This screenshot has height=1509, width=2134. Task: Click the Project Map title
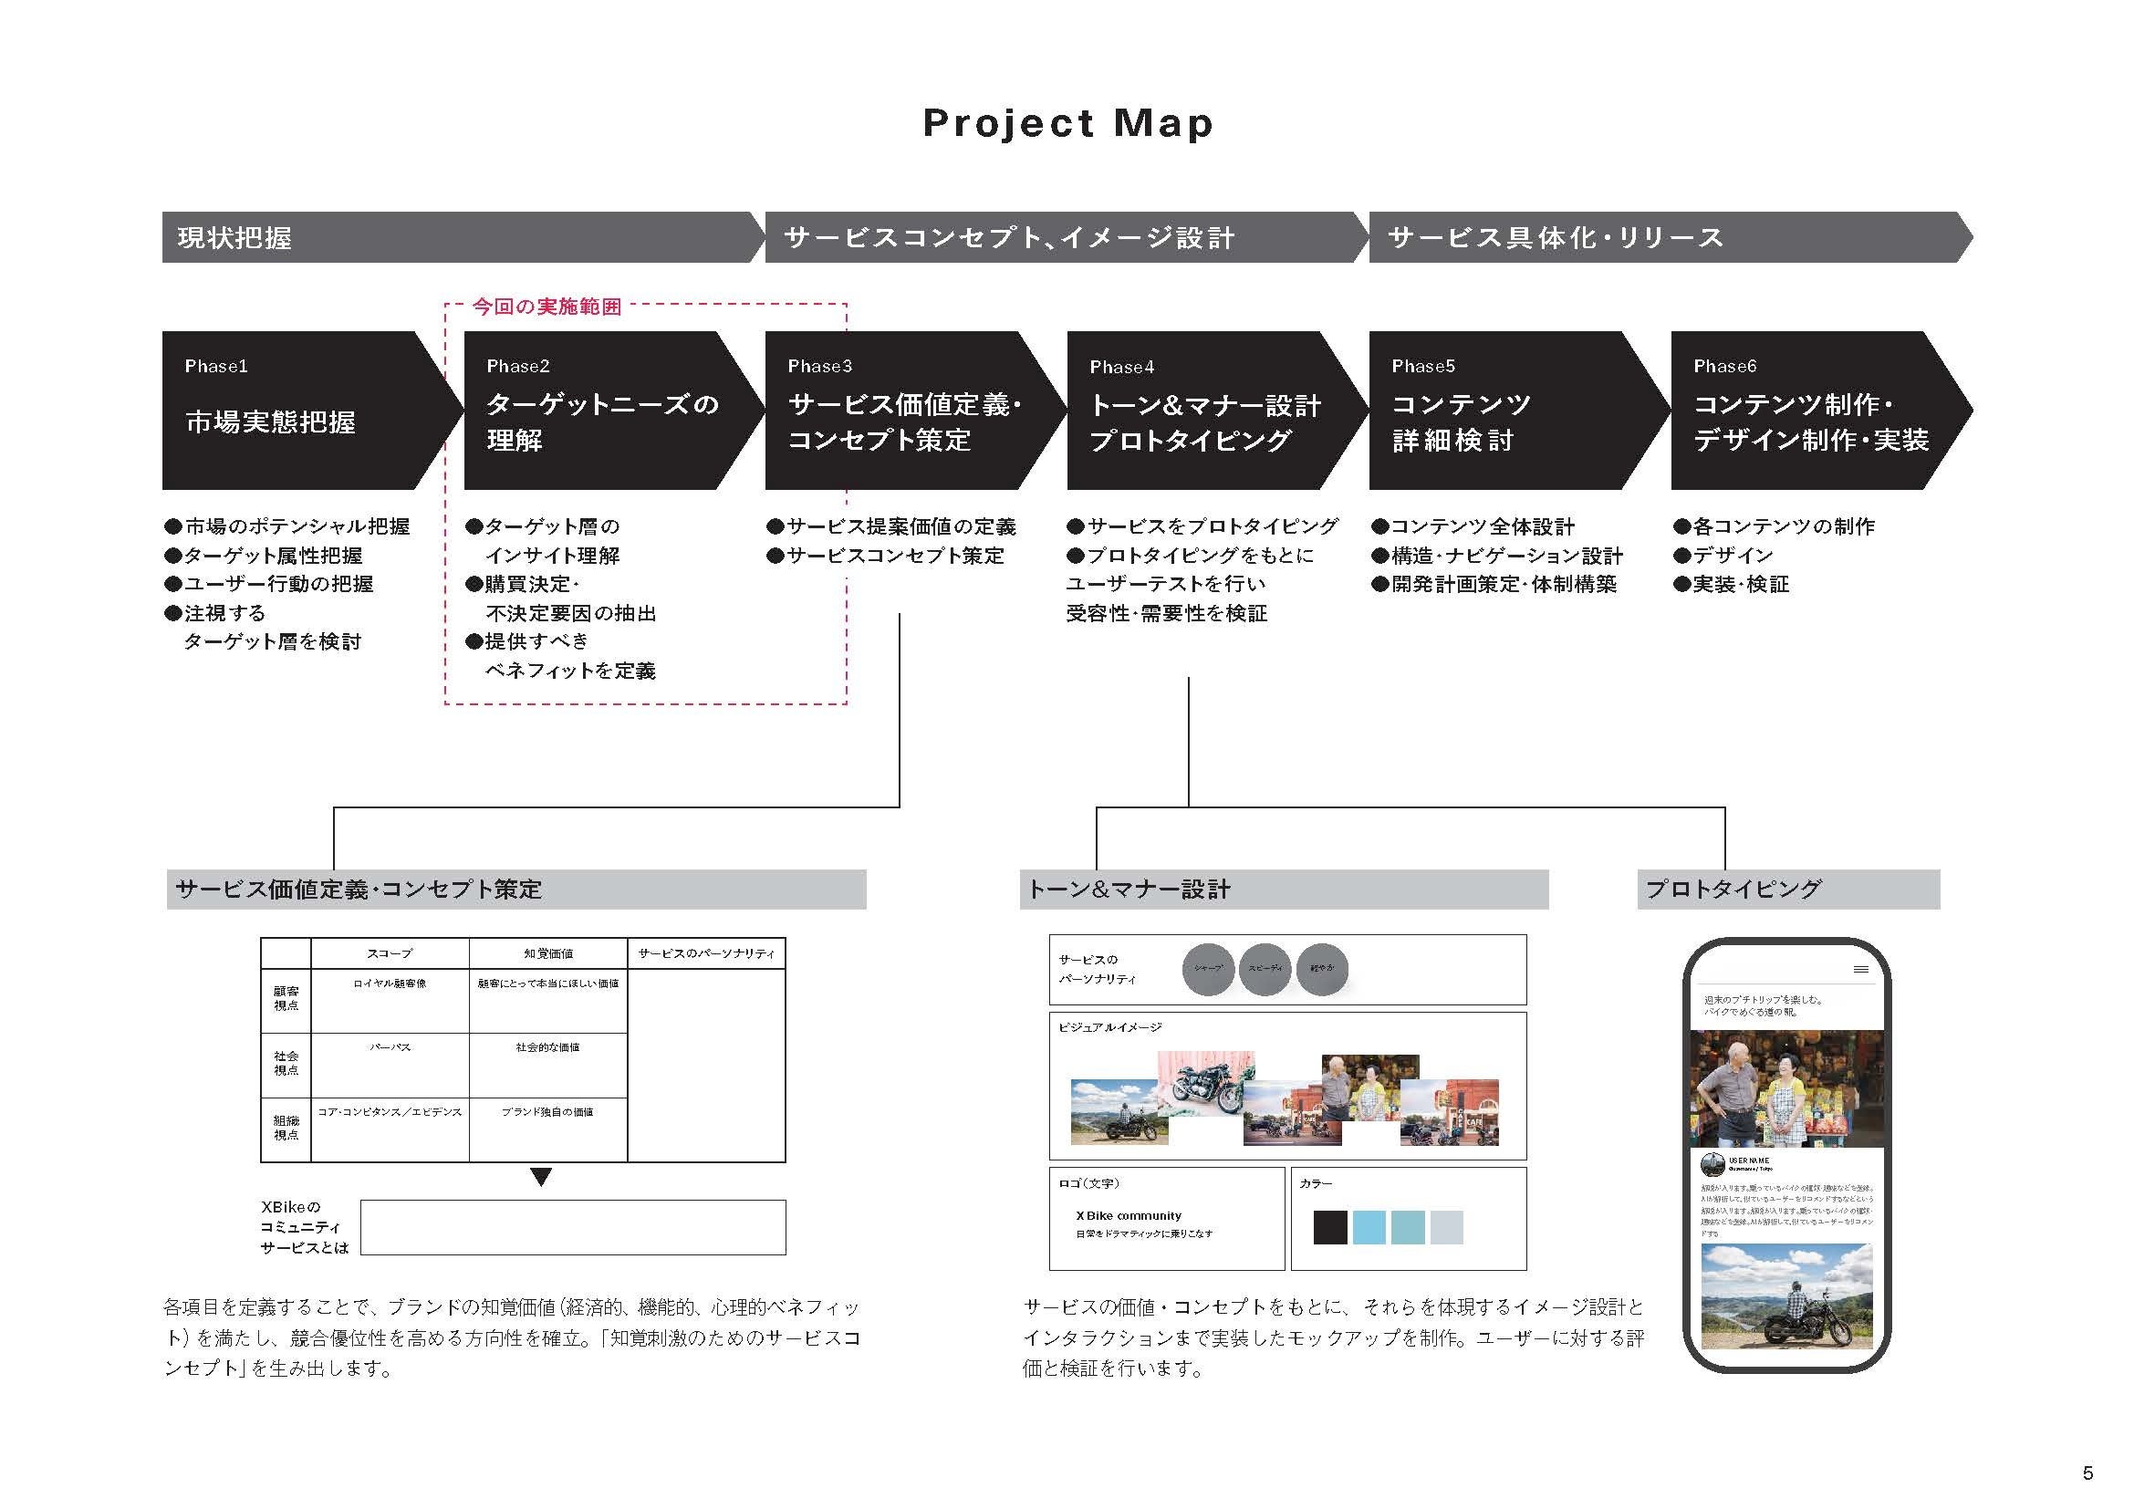click(x=1067, y=123)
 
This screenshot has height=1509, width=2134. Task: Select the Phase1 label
click(x=215, y=366)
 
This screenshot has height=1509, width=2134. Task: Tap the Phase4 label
click(x=1122, y=367)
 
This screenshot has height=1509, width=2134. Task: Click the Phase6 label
click(x=1725, y=366)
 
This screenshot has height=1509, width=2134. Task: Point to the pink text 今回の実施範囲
click(x=547, y=307)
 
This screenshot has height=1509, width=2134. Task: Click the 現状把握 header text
click(x=234, y=238)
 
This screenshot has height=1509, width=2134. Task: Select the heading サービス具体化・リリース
click(x=1555, y=238)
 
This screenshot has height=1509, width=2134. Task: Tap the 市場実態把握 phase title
click(x=270, y=422)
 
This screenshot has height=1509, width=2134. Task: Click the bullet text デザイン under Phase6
click(x=1733, y=556)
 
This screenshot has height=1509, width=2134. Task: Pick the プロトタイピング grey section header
click(x=1733, y=890)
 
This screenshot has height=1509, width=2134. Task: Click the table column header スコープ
click(x=390, y=953)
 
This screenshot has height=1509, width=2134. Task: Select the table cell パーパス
click(x=390, y=1047)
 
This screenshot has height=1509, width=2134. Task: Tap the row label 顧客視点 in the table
click(x=286, y=999)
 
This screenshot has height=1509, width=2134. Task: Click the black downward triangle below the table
click(x=541, y=1177)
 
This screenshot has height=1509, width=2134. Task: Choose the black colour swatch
click(x=1330, y=1227)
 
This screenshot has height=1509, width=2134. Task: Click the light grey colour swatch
click(x=1446, y=1227)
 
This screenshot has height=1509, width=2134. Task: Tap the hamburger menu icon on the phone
click(x=1860, y=970)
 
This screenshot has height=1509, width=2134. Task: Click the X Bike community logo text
click(x=1129, y=1215)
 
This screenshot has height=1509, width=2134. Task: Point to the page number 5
click(x=2087, y=1473)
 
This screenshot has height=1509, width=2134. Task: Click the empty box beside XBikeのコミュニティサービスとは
click(x=573, y=1227)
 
